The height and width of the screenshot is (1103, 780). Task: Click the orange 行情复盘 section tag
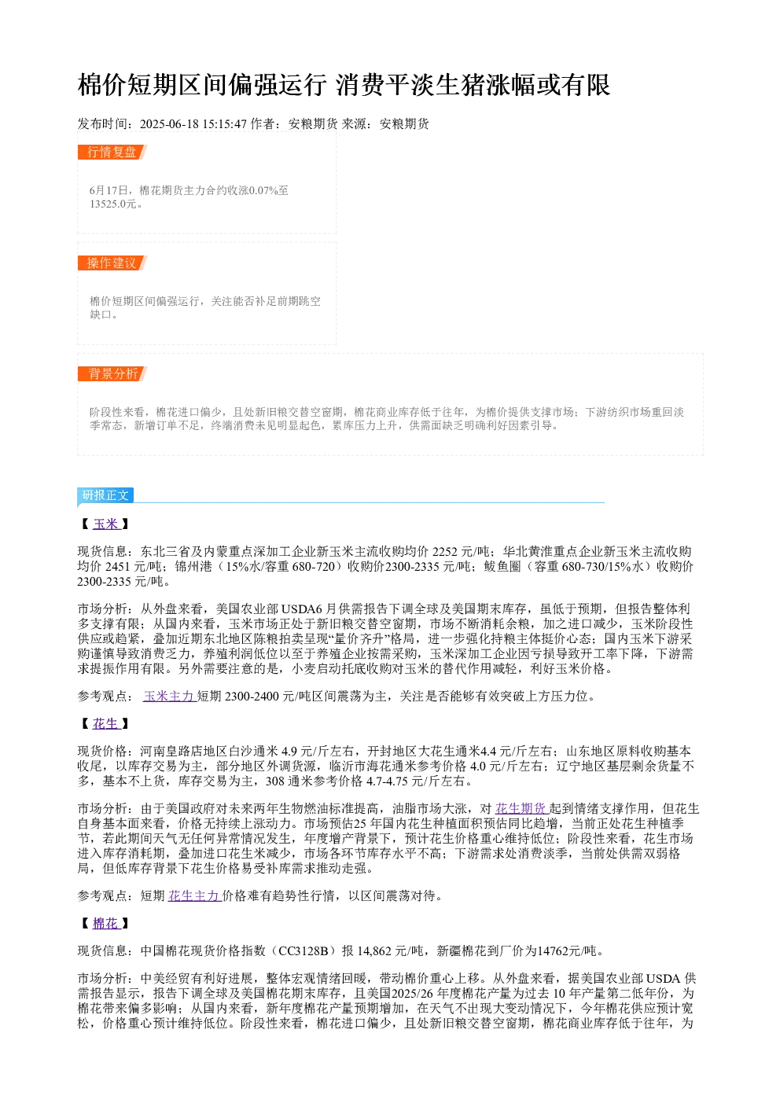[x=112, y=153]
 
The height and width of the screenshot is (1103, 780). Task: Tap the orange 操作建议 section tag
[x=112, y=263]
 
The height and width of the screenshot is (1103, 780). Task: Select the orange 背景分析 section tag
[x=112, y=373]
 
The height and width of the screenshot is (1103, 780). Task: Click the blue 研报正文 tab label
[x=105, y=495]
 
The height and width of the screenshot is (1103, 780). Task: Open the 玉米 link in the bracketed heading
[x=106, y=524]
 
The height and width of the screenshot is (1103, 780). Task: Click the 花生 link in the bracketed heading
[x=106, y=724]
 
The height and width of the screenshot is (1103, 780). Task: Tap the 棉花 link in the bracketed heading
[x=106, y=924]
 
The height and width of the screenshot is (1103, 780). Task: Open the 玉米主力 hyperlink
[x=170, y=697]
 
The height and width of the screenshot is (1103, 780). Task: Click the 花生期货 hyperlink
[x=522, y=808]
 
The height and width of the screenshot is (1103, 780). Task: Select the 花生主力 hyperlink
[x=195, y=895]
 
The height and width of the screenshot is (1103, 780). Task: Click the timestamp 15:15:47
[x=225, y=124]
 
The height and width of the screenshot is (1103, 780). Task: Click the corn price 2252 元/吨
[x=461, y=552]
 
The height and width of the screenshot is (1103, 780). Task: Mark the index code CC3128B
[x=304, y=950]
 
